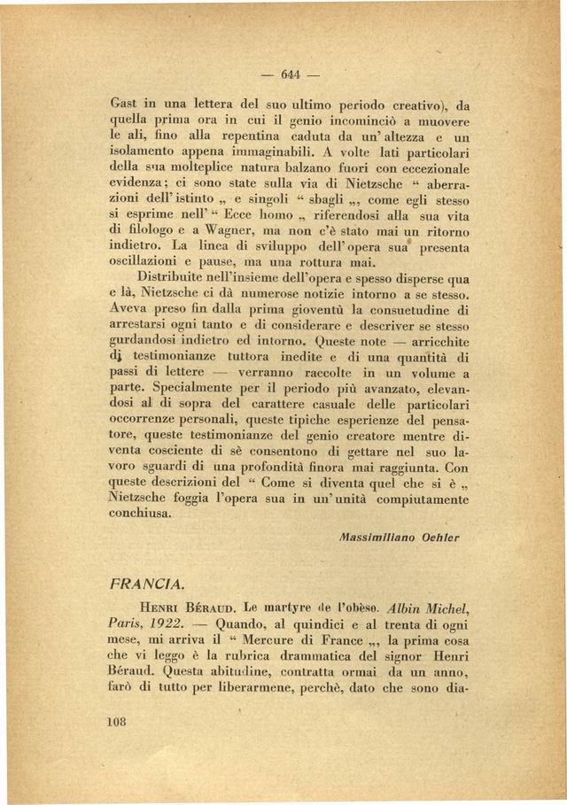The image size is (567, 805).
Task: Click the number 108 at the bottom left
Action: tap(117, 747)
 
